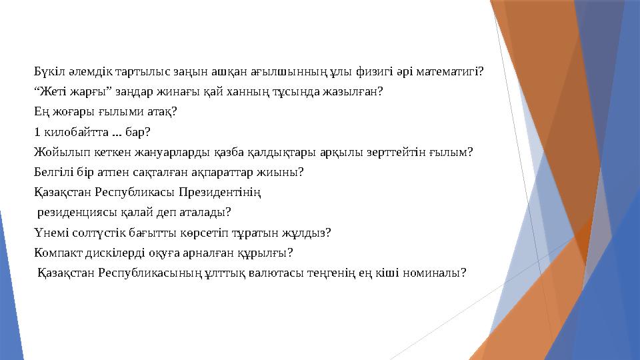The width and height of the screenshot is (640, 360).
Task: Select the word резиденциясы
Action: click(x=78, y=213)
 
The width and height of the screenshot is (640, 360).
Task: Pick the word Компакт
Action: click(x=60, y=253)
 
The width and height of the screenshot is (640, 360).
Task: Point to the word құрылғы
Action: click(x=267, y=253)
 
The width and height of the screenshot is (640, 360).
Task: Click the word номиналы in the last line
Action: click(x=435, y=273)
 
